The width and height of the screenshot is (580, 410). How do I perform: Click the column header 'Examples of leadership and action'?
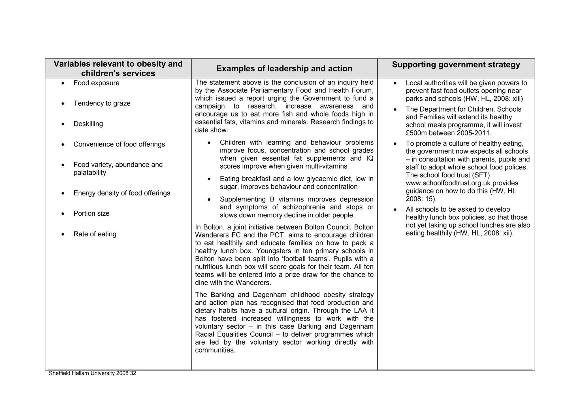[x=284, y=69]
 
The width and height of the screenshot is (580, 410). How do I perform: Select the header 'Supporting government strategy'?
[x=456, y=65]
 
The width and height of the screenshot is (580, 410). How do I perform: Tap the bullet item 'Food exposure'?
[x=96, y=83]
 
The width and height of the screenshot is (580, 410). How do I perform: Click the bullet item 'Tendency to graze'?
[x=102, y=103]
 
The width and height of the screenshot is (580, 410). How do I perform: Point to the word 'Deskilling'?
[x=88, y=124]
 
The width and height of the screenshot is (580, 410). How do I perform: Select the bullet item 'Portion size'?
[x=91, y=213]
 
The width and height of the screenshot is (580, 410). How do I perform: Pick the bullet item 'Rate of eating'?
[x=95, y=234]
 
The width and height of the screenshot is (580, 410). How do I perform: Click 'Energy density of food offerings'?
[x=122, y=193]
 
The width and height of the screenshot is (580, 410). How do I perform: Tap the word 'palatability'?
[x=90, y=173]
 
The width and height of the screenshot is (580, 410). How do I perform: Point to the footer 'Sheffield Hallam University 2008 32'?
[x=92, y=373]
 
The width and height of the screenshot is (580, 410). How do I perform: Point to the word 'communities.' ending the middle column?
[x=215, y=350]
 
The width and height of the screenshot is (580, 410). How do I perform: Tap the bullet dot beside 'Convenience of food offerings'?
[x=63, y=145]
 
